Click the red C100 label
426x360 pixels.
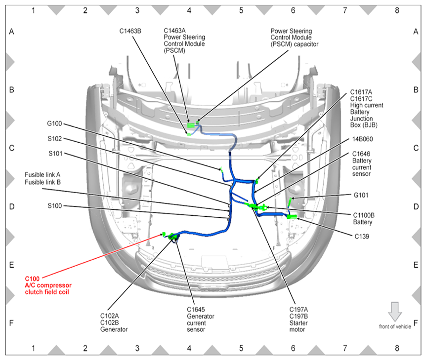[33, 279]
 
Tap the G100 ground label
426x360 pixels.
[55, 123]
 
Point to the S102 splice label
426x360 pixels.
[56, 139]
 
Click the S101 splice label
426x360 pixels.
[56, 154]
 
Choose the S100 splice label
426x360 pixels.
[56, 205]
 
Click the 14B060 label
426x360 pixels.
[363, 139]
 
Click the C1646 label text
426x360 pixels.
[361, 154]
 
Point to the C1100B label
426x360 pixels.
[364, 215]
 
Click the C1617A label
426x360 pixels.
[361, 92]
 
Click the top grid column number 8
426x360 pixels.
[397, 9]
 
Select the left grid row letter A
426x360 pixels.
[11, 32]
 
